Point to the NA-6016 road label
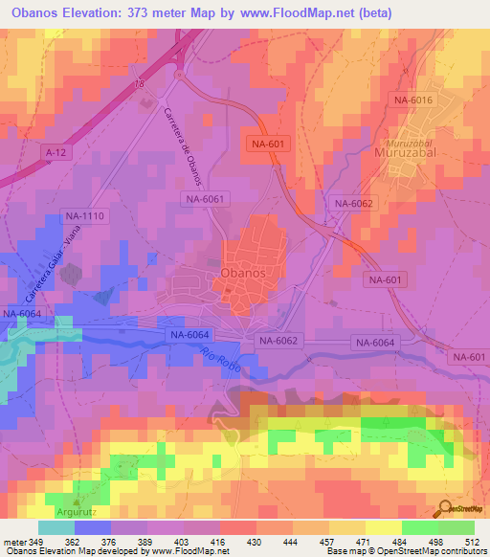(x=412, y=100)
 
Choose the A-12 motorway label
(x=57, y=151)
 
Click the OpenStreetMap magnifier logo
(x=444, y=511)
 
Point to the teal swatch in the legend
(x=56, y=527)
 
